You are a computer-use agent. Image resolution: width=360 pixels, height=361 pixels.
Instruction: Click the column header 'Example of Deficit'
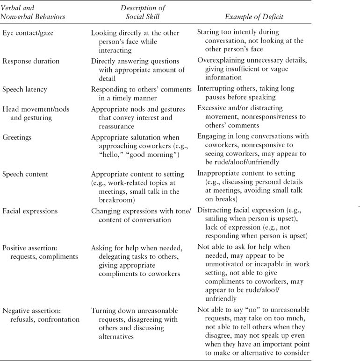coord(254,17)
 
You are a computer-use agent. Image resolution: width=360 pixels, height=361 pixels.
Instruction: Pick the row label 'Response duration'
coord(31,61)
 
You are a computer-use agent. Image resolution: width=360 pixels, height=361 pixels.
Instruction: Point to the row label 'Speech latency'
coord(25,89)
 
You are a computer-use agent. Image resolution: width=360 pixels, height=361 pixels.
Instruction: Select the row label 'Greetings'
coord(17,138)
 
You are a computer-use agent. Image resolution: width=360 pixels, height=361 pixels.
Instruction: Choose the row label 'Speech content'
coord(25,174)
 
